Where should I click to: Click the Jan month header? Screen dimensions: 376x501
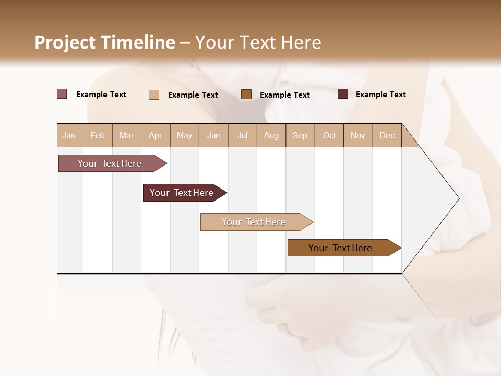(69, 135)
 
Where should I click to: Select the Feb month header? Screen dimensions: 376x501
(98, 135)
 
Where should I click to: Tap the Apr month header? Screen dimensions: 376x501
(156, 135)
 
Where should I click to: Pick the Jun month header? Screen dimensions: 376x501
(213, 135)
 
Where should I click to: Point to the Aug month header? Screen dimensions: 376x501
(271, 135)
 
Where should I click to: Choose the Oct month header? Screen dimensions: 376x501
(329, 135)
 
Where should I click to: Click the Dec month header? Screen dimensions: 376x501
(387, 135)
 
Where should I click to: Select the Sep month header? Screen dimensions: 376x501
(300, 135)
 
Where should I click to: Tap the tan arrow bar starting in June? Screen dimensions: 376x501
(254, 222)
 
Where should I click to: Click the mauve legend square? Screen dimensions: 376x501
(62, 94)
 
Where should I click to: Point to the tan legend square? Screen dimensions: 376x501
(154, 95)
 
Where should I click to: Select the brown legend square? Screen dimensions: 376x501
(246, 94)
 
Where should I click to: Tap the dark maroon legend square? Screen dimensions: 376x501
(343, 94)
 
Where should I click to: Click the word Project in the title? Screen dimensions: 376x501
(65, 42)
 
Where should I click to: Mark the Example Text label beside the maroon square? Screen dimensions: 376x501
(380, 95)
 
